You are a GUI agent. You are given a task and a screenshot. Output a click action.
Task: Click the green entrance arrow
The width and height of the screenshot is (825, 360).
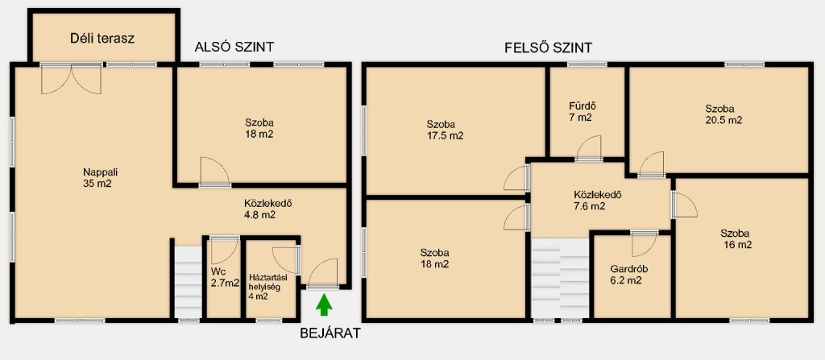coord(325,305)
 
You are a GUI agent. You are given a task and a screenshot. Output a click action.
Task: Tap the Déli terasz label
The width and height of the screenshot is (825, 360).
coord(102,39)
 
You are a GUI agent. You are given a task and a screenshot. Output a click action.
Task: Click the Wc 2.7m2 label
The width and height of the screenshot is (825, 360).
coord(225,277)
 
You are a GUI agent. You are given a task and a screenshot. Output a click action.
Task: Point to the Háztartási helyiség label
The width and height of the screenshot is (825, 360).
coord(268,287)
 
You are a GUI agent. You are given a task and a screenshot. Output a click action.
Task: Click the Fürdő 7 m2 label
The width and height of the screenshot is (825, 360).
coord(582,111)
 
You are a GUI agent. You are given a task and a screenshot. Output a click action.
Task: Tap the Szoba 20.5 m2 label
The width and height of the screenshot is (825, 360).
coord(723,114)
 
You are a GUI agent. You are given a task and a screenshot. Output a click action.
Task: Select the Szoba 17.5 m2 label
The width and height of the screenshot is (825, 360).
coord(445,130)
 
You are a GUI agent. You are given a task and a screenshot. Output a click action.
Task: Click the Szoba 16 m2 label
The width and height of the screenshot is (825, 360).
coord(736,239)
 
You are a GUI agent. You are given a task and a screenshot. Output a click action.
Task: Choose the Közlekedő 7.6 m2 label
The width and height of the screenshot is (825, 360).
coord(598,201)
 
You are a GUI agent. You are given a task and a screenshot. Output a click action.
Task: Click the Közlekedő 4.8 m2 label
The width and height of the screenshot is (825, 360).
coord(267,209)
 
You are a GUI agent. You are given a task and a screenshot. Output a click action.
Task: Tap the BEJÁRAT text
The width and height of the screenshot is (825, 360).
coord(330,333)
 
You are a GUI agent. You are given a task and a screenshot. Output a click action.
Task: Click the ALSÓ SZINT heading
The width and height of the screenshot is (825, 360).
coord(234,47)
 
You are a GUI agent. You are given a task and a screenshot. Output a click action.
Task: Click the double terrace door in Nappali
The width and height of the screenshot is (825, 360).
coord(71,78)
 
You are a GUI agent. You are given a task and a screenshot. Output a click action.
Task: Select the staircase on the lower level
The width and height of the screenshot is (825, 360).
coord(188,283)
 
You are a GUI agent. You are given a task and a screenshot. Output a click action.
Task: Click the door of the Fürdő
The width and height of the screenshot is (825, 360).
coord(589,148)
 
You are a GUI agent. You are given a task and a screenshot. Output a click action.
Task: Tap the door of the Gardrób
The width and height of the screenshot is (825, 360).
coord(644,243)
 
